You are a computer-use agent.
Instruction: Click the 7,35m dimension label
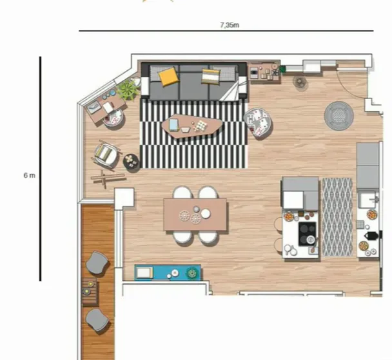pyautogui.click(x=230, y=25)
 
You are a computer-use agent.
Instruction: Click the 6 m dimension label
pyautogui.click(x=29, y=175)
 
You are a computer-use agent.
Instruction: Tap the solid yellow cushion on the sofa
pyautogui.click(x=168, y=76)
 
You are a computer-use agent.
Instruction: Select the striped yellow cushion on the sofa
pyautogui.click(x=210, y=75)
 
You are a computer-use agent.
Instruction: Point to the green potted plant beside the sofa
pyautogui.click(x=128, y=89)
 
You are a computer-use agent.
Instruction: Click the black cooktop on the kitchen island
pyautogui.click(x=308, y=234)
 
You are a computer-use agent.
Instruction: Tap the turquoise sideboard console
pyautogui.click(x=168, y=272)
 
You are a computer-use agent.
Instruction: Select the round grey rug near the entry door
pyautogui.click(x=338, y=115)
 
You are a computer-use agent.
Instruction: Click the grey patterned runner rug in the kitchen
pyautogui.click(x=337, y=216)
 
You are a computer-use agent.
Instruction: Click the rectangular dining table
pyautogui.click(x=195, y=214)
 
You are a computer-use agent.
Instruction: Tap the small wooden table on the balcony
pyautogui.click(x=90, y=292)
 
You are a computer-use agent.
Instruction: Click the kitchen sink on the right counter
pyautogui.click(x=367, y=200)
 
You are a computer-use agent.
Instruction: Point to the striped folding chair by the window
pyautogui.click(x=107, y=155)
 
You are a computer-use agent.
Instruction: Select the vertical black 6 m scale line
pyautogui.click(x=40, y=169)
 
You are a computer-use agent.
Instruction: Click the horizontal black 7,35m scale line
pyautogui.click(x=226, y=31)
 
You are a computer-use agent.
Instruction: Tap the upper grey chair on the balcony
pyautogui.click(x=97, y=263)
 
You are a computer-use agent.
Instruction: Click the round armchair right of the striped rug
pyautogui.click(x=258, y=122)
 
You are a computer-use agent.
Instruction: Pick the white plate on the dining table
pyautogui.click(x=206, y=213)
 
